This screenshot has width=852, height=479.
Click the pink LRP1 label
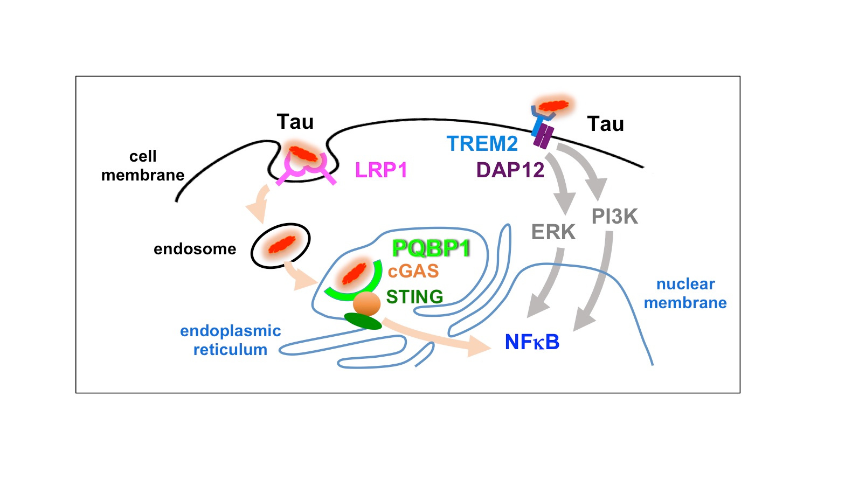coord(381,170)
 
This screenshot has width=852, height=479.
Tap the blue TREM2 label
coord(482,144)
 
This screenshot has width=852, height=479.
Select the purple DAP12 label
coord(510,170)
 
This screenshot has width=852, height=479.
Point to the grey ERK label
coord(553,232)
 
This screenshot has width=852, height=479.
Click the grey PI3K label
coord(614,217)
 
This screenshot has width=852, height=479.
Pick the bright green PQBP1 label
coord(431,248)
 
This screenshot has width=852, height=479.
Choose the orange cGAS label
coord(413,271)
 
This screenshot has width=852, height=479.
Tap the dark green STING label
coord(414,297)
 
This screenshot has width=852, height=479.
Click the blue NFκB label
coord(532,342)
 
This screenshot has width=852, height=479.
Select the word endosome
coord(195,249)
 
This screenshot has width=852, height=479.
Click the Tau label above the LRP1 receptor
coord(295,122)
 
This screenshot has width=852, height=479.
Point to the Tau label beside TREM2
coord(605,124)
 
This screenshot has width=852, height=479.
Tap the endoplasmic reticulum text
coord(230,340)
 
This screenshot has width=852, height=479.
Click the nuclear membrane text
coord(685,293)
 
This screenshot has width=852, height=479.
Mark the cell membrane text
coord(143,165)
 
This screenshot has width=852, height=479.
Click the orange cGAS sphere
coord(367,304)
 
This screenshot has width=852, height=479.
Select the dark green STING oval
coord(363,321)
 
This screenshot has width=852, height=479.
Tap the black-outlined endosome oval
coord(280,246)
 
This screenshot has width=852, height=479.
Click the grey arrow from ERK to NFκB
coord(549,286)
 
